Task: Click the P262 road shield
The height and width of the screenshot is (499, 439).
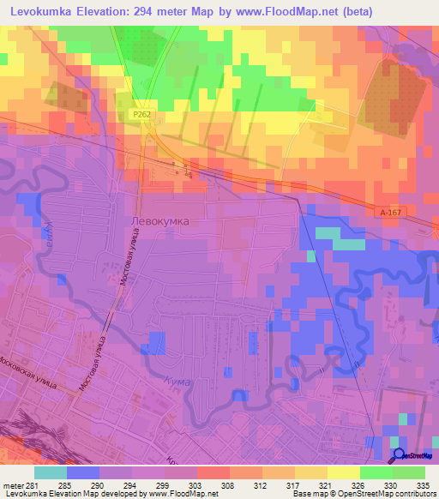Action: [x=141, y=112]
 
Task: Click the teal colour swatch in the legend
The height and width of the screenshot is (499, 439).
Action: [x=51, y=472]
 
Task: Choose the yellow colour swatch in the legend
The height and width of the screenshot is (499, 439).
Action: [x=343, y=472]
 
